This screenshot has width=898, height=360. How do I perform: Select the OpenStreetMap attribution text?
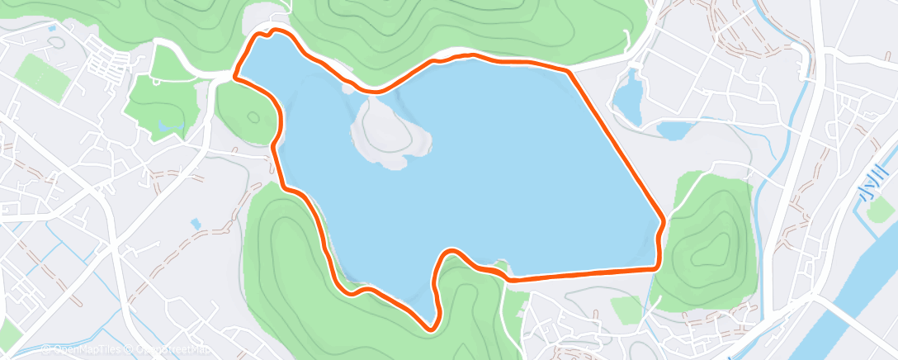click(160, 350)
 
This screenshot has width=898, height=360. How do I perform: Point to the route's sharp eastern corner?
click(663, 221)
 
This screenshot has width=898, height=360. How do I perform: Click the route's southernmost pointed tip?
click(430, 329)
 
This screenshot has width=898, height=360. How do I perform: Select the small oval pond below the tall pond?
click(673, 130)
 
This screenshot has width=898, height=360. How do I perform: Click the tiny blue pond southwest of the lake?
click(196, 224)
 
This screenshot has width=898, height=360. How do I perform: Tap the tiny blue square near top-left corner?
click(53, 29)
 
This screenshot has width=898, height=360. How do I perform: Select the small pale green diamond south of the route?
click(626, 309)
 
